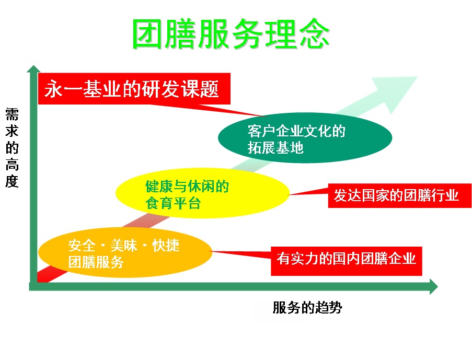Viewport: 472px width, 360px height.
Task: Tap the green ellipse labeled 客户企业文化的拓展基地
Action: click(x=305, y=139)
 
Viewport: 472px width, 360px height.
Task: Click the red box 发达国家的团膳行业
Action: click(x=399, y=195)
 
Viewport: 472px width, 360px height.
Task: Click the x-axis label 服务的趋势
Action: click(x=307, y=308)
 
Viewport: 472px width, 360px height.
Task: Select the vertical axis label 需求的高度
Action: click(x=12, y=148)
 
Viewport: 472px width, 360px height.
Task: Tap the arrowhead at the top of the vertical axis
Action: click(x=34, y=69)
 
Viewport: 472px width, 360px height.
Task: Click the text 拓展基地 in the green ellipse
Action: click(x=275, y=148)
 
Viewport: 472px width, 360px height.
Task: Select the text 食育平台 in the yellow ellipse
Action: click(x=173, y=203)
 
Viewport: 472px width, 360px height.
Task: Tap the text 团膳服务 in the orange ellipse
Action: click(x=96, y=263)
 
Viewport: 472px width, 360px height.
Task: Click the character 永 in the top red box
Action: click(x=53, y=89)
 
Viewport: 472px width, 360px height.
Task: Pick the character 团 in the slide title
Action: click(x=147, y=36)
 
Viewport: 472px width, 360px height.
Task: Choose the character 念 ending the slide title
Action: click(x=314, y=36)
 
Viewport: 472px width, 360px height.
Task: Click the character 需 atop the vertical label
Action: click(x=12, y=114)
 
